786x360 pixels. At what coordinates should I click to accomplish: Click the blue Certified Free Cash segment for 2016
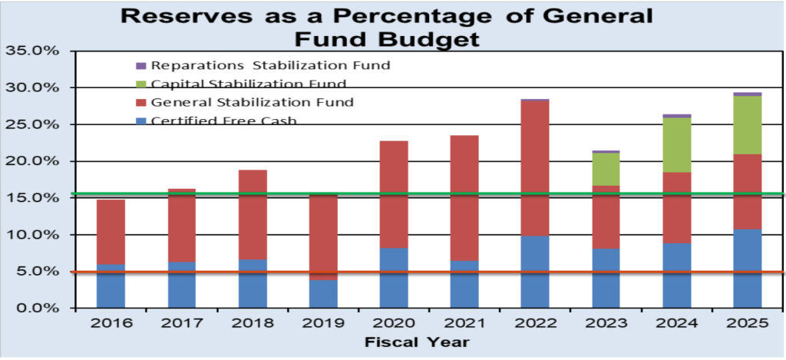click(x=111, y=286)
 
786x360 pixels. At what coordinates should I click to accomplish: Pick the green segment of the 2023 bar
click(x=606, y=169)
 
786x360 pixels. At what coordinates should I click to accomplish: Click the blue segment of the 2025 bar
click(x=747, y=269)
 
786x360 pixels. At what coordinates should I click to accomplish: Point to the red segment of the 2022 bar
click(x=535, y=168)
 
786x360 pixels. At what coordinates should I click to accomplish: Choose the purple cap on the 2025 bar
click(x=747, y=94)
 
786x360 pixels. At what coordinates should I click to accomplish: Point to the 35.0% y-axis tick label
click(x=32, y=51)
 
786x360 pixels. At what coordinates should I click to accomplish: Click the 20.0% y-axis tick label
click(x=32, y=161)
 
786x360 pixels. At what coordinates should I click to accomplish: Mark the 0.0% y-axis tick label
click(x=36, y=309)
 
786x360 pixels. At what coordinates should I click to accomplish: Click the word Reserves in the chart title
click(x=170, y=15)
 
